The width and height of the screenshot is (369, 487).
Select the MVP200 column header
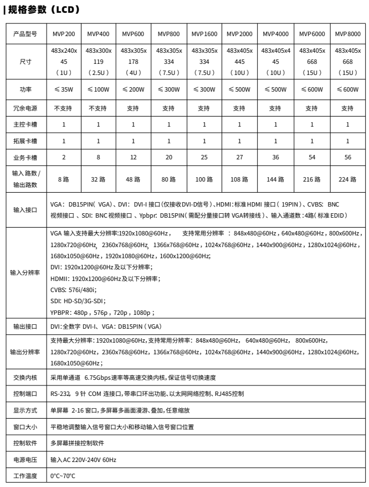(x=64, y=34)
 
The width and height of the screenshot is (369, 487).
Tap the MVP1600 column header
(x=204, y=34)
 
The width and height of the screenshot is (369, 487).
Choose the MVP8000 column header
(x=347, y=34)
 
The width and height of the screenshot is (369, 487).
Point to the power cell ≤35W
(x=64, y=89)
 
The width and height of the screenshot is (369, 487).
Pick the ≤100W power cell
(x=98, y=89)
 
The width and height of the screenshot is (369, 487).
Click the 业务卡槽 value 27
(x=239, y=157)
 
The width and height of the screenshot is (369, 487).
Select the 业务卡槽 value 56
(x=347, y=157)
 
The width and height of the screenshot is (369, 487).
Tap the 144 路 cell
(x=275, y=179)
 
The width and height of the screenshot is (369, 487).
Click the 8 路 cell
(x=64, y=179)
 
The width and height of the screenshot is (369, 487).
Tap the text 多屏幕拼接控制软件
(x=77, y=443)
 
